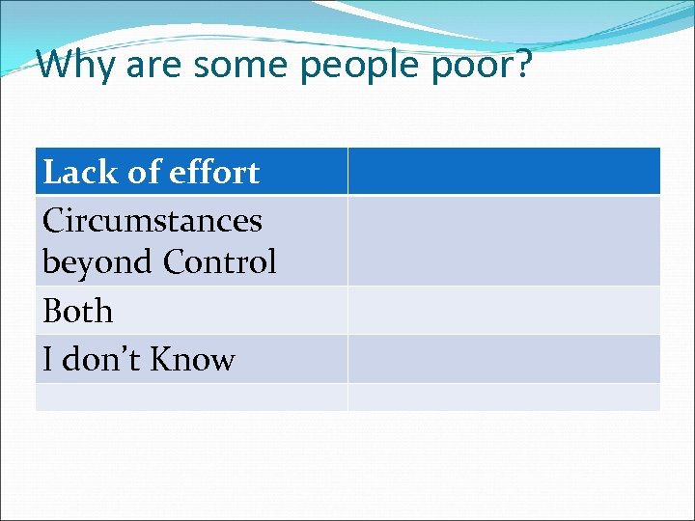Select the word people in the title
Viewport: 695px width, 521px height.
coord(357,66)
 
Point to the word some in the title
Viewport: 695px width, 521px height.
coord(241,66)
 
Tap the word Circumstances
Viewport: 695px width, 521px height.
coord(153,220)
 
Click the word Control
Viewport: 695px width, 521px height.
coord(220,261)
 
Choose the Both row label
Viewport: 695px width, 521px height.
coord(78,311)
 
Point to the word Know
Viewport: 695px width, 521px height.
coord(193,359)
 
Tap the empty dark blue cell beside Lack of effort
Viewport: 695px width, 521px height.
coord(504,171)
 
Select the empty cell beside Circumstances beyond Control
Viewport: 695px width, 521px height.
coord(504,240)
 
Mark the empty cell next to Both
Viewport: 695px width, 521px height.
coord(504,310)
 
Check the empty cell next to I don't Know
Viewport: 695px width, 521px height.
coord(504,359)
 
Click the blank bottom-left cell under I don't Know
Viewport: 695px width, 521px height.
coord(191,397)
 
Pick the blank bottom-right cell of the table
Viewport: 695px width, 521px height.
coord(504,397)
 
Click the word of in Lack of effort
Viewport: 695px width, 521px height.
coord(143,172)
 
